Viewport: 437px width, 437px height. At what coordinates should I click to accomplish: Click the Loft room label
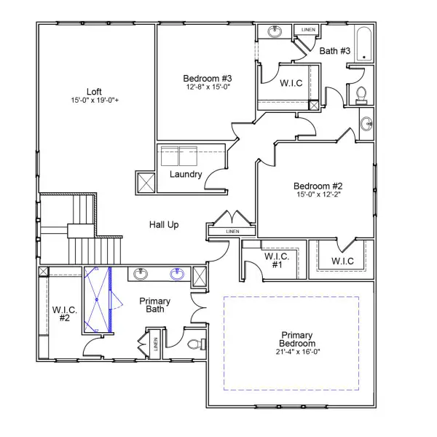95,91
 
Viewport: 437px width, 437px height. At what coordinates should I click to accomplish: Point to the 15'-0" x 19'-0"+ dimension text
95,100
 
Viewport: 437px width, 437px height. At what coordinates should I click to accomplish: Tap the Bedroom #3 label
208,79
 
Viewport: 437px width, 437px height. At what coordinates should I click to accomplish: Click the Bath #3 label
335,50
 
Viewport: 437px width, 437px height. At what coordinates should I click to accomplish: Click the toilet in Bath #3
360,95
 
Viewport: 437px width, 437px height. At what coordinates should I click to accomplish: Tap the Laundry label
186,175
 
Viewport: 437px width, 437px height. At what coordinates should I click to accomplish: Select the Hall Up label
164,225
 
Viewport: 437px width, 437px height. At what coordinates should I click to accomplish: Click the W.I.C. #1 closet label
277,261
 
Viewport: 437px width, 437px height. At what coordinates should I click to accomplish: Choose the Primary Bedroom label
297,339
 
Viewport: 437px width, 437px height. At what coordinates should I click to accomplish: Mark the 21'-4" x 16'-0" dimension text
297,353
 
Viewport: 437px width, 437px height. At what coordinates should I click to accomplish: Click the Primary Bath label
154,305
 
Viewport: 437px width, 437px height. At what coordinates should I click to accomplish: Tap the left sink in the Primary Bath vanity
141,274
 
